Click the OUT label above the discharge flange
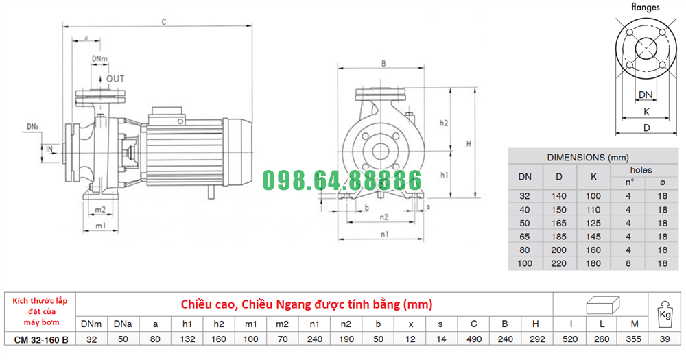115,79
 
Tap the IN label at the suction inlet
49,149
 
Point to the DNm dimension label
99,58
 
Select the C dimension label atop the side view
164,22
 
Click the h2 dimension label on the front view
444,123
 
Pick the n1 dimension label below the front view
385,235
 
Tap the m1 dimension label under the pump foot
101,226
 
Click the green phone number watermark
342,180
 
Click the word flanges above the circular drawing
646,7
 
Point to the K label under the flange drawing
647,112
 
